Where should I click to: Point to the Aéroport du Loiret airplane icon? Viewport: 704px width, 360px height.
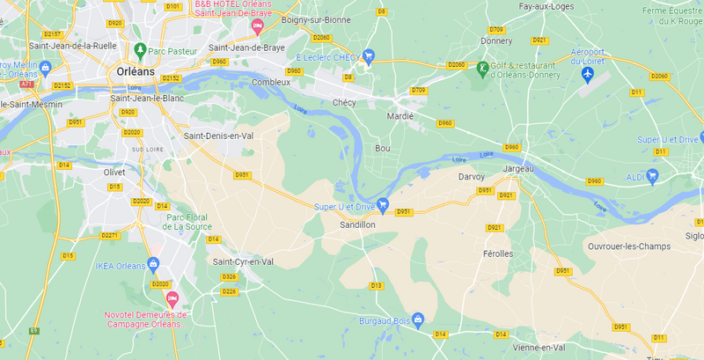click(588, 73)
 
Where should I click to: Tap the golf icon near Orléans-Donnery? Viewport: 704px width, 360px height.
click(481, 68)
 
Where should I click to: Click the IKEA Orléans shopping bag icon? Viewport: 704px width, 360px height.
click(153, 263)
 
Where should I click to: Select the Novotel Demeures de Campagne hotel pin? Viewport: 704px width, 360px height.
click(172, 299)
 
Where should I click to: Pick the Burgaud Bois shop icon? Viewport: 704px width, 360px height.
click(418, 319)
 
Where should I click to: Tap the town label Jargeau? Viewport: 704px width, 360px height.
click(519, 167)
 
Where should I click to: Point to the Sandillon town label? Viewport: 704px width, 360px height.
click(358, 225)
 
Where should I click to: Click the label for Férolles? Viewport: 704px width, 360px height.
click(497, 253)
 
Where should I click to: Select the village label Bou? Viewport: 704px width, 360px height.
click(382, 148)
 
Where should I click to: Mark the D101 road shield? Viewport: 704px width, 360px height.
click(173, 7)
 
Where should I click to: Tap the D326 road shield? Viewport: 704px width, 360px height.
click(229, 277)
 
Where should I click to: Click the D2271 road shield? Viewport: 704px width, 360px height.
click(109, 235)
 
